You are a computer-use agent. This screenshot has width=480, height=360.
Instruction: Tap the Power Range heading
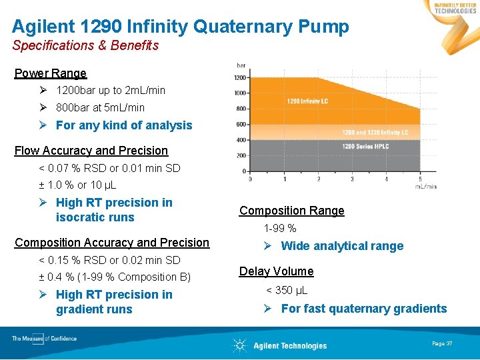pos(51,73)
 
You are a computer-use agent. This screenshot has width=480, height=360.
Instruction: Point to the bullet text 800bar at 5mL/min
pos(100,107)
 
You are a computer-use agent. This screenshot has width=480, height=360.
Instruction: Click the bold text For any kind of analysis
pos(124,125)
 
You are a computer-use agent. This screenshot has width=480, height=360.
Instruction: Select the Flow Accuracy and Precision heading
pos(91,151)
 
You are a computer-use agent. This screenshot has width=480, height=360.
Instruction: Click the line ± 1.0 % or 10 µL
pos(78,185)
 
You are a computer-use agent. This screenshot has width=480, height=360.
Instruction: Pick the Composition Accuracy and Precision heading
pos(112,243)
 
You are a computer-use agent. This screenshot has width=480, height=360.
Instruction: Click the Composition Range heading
pos(292,211)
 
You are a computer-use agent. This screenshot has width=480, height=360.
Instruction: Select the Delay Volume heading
pos(276,271)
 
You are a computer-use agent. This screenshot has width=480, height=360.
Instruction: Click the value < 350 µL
pos(287,290)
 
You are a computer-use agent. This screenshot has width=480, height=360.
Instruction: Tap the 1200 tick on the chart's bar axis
pos(241,78)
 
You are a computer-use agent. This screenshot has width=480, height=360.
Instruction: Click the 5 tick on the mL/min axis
pos(420,179)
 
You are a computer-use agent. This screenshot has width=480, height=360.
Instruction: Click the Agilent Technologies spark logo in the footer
pos(240,345)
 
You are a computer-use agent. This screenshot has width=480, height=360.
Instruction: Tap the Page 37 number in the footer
pos(442,343)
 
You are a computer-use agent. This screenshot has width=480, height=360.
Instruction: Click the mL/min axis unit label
pos(426,187)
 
